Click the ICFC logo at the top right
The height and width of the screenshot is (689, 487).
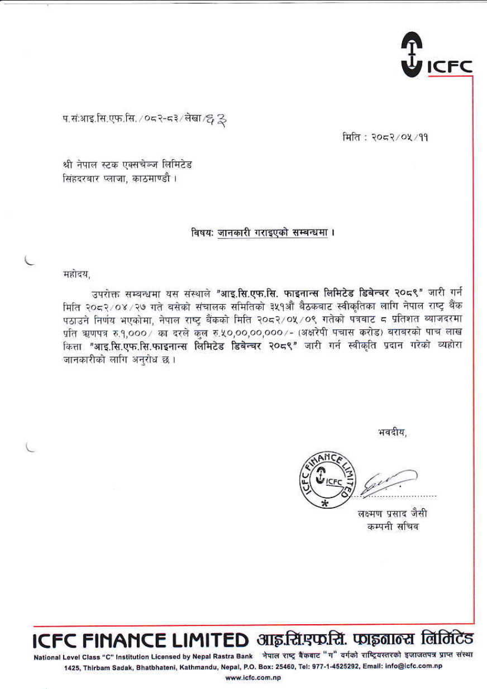tap(436, 54)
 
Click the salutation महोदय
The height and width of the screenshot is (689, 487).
tap(77, 275)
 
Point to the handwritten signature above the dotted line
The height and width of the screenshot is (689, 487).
tap(391, 479)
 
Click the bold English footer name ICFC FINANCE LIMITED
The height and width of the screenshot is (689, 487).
tap(141, 639)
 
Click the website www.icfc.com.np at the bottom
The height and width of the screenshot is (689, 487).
tap(252, 677)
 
